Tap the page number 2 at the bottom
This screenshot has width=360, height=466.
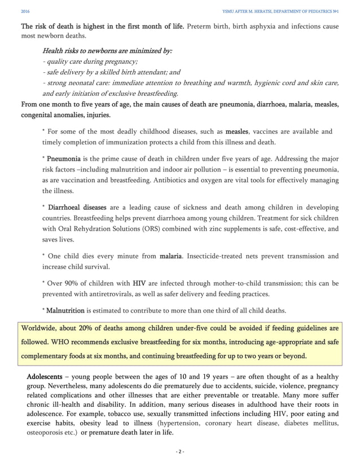click(x=179, y=451)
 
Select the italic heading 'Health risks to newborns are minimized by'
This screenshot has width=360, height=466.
click(x=107, y=51)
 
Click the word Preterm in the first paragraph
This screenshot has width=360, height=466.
click(x=199, y=26)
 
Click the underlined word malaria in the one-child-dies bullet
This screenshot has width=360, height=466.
click(x=171, y=256)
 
